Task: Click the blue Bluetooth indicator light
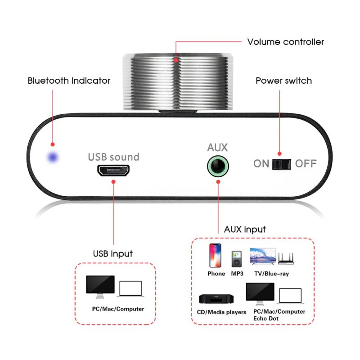(x=53, y=157)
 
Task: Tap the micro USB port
(x=113, y=171)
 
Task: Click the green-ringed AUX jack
(x=218, y=166)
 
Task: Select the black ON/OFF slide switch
(x=282, y=164)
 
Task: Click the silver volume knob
(x=178, y=82)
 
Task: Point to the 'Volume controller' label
(x=285, y=42)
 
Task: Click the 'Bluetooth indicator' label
(x=69, y=81)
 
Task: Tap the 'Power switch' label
(x=284, y=81)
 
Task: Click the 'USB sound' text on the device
(x=114, y=157)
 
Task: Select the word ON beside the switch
(x=261, y=164)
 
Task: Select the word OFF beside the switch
(x=306, y=164)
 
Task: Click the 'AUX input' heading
(x=245, y=229)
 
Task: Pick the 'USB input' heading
(x=113, y=254)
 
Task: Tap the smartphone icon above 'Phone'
(x=215, y=255)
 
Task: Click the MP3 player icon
(x=237, y=259)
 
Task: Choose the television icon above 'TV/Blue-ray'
(x=263, y=256)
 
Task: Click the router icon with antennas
(x=286, y=259)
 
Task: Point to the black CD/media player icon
(x=216, y=299)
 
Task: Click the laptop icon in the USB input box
(x=130, y=289)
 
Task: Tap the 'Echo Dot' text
(x=266, y=319)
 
